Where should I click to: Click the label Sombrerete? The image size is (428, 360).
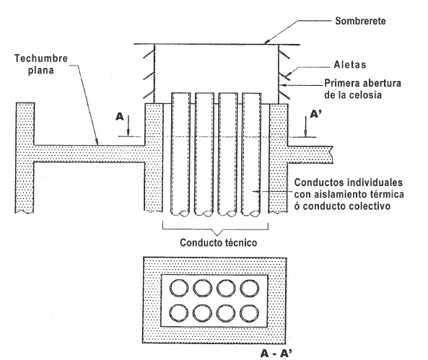360,21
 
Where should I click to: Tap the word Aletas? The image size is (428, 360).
350,65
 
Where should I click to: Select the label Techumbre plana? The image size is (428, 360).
41,64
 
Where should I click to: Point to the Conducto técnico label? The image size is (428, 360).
219,242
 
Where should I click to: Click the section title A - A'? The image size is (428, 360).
276,354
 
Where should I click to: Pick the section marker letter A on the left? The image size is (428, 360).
120,117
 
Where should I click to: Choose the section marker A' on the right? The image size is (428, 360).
315,114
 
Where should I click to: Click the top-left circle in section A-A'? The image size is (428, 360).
179,289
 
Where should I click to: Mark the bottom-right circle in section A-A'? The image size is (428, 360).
250,313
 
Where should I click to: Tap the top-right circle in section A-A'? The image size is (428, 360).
250,289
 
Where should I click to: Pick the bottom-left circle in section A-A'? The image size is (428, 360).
179,313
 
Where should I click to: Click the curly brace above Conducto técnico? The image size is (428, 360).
216,230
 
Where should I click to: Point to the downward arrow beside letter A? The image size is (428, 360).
128,126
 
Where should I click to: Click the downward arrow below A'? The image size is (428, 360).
306,126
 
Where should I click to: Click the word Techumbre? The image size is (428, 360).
41,58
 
